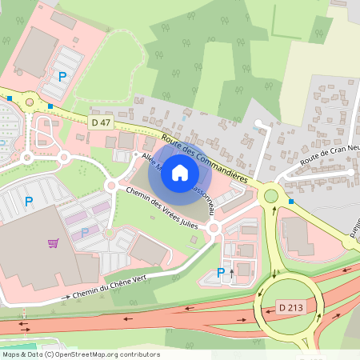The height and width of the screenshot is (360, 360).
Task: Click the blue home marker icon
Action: coord(180,172)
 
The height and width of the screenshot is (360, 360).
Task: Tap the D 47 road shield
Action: coord(101,122)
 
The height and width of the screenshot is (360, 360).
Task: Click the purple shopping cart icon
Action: coord(53,243)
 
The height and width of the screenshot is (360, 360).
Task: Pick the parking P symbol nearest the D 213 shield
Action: coord(221,273)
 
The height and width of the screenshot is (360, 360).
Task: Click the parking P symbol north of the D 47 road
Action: coord(62,77)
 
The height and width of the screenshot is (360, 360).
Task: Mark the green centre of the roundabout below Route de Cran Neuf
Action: coord(271,194)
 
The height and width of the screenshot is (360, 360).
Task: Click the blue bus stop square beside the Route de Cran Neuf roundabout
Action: coord(291,202)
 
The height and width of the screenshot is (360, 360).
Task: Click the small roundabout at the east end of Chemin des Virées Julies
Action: coord(214,229)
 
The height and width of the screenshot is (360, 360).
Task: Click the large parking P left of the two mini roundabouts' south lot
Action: coord(29,202)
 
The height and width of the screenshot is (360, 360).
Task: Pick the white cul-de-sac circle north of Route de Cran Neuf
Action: coord(258,124)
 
